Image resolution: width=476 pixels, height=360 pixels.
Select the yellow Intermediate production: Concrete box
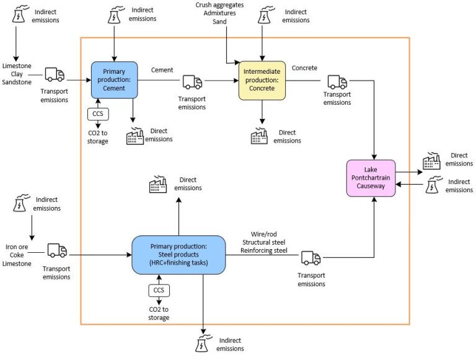[262, 80]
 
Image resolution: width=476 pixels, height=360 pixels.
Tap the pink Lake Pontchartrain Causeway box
[371, 178]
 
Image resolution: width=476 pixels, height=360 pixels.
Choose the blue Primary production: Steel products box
[178, 255]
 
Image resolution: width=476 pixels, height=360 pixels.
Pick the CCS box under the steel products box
[159, 290]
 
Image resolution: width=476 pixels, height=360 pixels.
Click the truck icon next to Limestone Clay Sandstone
[55, 75]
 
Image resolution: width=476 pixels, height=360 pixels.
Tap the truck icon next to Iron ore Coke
[57, 250]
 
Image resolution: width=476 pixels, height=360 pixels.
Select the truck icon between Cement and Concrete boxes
[192, 81]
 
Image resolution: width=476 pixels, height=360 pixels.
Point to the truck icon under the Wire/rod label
[311, 257]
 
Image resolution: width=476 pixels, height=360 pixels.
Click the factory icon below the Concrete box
[259, 136]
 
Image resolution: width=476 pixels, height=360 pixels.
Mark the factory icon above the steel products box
[159, 184]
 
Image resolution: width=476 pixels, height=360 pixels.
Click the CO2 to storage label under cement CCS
[98, 137]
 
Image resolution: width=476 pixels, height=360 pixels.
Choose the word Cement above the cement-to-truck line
[162, 70]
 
